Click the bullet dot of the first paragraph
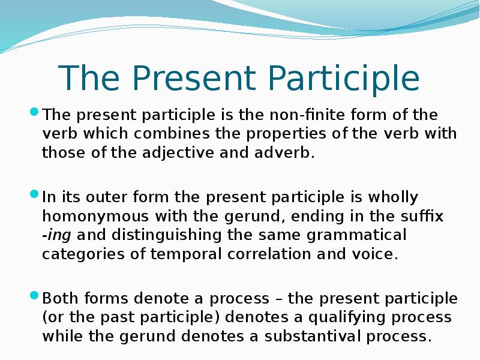(x=34, y=112)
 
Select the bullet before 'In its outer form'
(x=34, y=194)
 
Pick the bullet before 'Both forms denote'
(x=34, y=296)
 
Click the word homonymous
(x=84, y=217)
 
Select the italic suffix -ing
(x=57, y=235)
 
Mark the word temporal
(x=187, y=254)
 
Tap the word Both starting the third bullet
(x=59, y=299)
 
